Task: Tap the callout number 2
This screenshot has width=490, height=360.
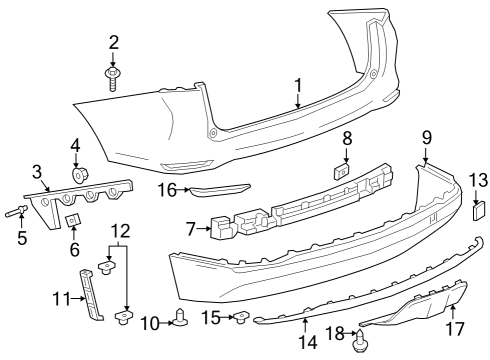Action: point(113,42)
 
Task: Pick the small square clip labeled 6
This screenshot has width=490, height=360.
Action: point(73,218)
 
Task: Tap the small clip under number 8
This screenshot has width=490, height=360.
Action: point(343,171)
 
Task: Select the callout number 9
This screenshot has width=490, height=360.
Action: point(426,136)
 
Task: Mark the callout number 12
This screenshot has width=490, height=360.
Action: point(119,231)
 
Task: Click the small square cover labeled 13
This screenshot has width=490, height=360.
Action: point(477,211)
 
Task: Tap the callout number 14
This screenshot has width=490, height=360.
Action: point(309,342)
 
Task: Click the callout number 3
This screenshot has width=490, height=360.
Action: point(36,171)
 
